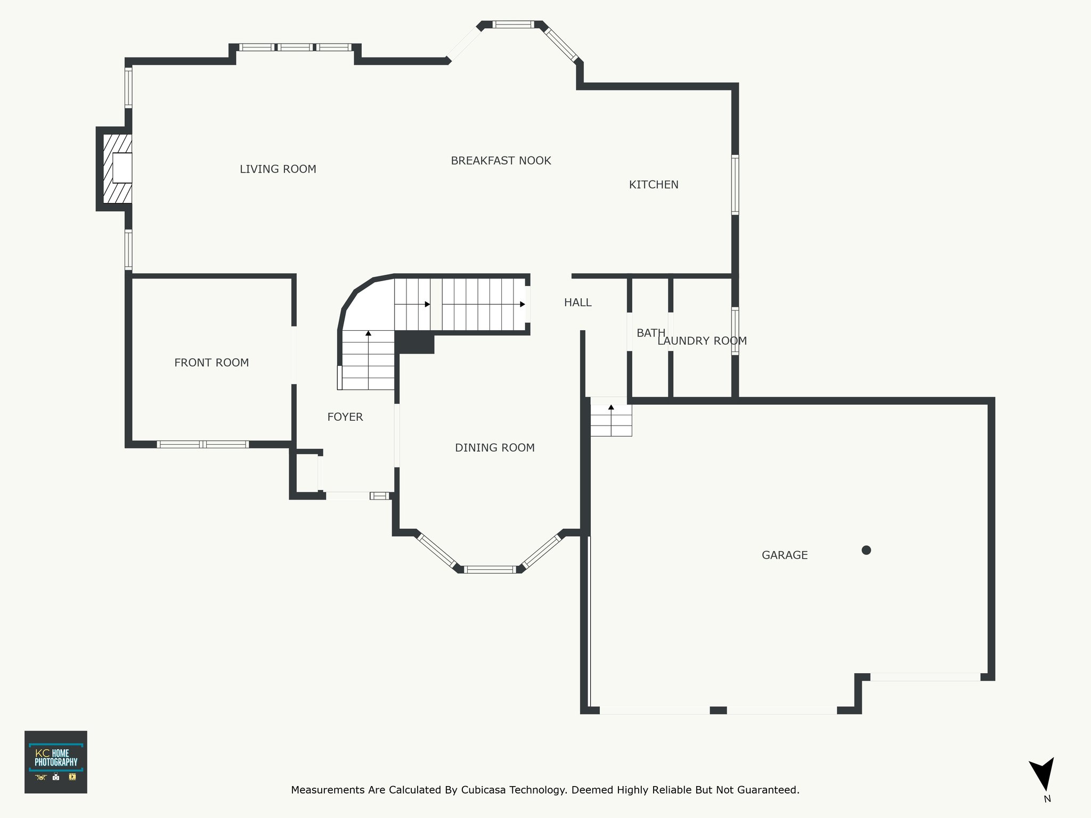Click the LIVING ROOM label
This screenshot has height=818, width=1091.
pyautogui.click(x=278, y=169)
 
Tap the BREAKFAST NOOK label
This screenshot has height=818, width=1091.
pyautogui.click(x=501, y=161)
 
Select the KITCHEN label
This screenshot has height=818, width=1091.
pyautogui.click(x=654, y=185)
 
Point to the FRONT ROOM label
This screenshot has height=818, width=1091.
pyautogui.click(x=211, y=363)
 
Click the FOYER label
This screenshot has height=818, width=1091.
pyautogui.click(x=345, y=417)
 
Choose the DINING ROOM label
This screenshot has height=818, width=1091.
pyautogui.click(x=495, y=448)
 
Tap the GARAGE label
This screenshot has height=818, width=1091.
pyautogui.click(x=785, y=555)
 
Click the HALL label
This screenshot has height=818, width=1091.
pyautogui.click(x=578, y=302)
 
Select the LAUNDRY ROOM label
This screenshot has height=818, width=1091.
pyautogui.click(x=702, y=341)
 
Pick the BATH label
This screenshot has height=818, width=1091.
pyautogui.click(x=651, y=333)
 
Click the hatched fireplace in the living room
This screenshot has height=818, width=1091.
pyautogui.click(x=117, y=168)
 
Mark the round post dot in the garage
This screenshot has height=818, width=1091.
pyautogui.click(x=866, y=550)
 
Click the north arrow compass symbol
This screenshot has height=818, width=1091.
pyautogui.click(x=1043, y=781)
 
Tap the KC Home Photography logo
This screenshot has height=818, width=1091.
pyautogui.click(x=56, y=762)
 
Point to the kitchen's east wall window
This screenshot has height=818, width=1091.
pyautogui.click(x=735, y=185)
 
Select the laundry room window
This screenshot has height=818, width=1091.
pyautogui.click(x=735, y=331)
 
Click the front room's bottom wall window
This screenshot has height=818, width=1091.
pyautogui.click(x=202, y=444)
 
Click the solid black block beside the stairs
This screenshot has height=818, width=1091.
pyautogui.click(x=414, y=342)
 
